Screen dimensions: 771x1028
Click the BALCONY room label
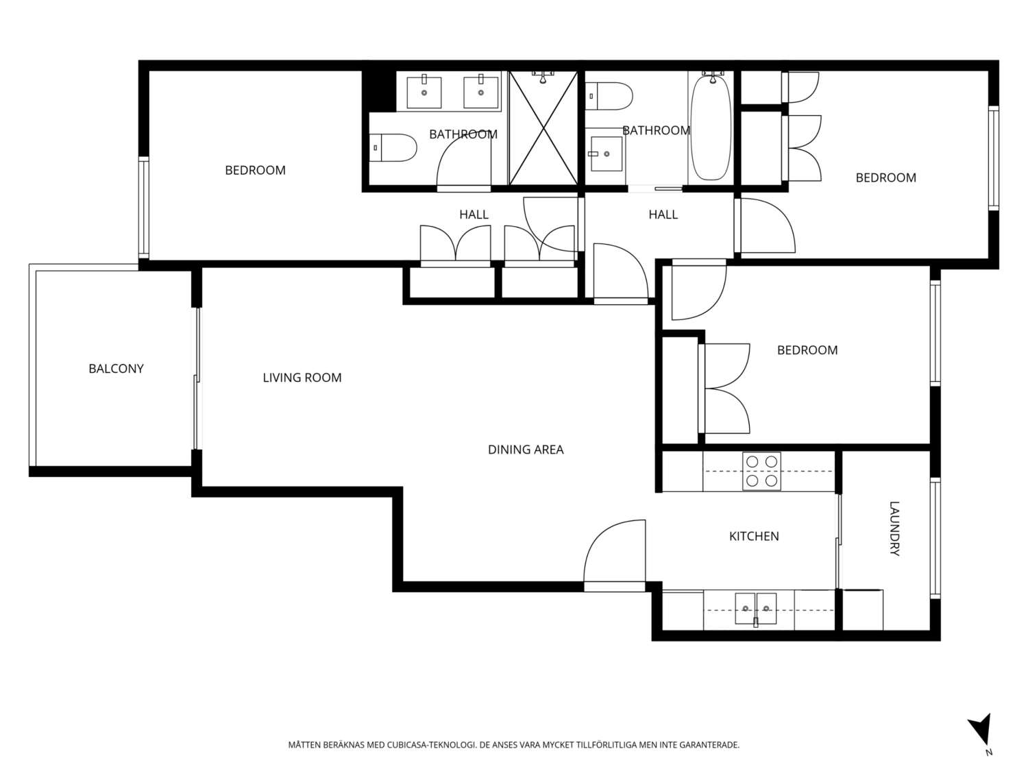coord(116,369)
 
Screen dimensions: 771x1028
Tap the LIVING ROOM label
coord(302,378)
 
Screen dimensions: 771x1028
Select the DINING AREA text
coord(526,450)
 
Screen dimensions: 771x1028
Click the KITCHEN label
coord(754,537)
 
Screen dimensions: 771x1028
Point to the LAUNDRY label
coord(894,528)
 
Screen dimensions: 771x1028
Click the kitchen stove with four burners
coord(761,472)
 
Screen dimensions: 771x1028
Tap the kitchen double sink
coord(755,609)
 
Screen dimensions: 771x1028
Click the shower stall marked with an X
coord(543,129)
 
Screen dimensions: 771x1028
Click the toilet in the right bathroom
coord(609,96)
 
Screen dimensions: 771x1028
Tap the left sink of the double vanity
coord(424,93)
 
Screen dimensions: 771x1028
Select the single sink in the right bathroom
coord(606,154)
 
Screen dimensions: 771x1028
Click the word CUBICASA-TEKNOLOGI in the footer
coord(430,745)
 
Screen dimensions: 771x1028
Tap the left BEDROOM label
coord(255,170)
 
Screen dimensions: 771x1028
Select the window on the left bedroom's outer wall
coord(144,207)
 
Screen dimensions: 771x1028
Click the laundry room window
coord(935,537)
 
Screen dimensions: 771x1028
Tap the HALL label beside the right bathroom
coord(663,215)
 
